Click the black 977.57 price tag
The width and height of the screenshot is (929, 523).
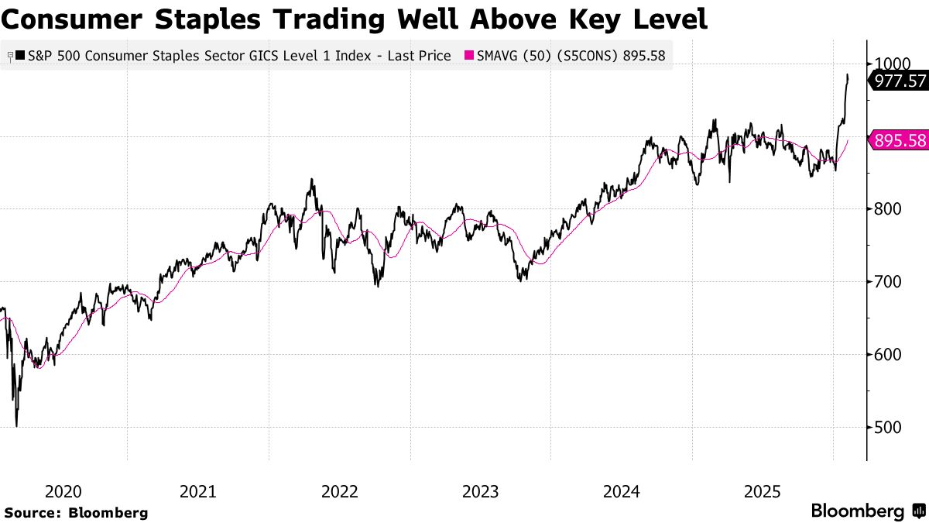(900, 80)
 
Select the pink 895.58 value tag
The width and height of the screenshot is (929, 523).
(900, 140)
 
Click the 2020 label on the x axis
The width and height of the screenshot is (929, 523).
(63, 491)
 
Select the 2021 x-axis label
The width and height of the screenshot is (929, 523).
(198, 491)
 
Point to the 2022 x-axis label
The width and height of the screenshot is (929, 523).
(340, 491)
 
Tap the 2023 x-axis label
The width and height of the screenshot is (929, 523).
(481, 491)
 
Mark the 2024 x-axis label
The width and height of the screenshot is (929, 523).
(622, 491)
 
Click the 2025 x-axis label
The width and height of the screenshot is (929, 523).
(763, 491)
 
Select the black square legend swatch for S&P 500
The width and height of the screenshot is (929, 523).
(19, 56)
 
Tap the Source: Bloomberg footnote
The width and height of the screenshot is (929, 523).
(76, 512)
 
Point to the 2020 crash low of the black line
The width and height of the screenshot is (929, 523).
(16, 425)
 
